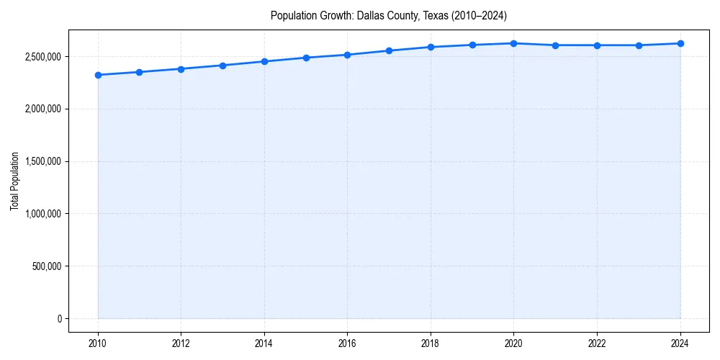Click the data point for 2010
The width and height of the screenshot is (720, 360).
(98, 75)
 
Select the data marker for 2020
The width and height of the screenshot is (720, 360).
(513, 43)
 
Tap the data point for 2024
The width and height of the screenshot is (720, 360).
(680, 43)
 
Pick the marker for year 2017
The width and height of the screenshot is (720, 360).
(389, 50)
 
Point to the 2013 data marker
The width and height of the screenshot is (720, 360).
(222, 66)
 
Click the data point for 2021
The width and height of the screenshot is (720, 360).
(555, 45)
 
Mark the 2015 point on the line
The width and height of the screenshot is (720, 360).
(306, 58)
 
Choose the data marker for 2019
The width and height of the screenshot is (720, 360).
(472, 45)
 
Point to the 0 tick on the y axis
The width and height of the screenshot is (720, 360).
(60, 319)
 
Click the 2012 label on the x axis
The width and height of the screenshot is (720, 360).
(181, 343)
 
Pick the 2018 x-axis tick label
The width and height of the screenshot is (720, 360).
(431, 343)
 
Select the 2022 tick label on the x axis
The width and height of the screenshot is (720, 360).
(597, 343)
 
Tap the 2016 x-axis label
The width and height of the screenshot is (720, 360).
(347, 343)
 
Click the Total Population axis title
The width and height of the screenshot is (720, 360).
(14, 181)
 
